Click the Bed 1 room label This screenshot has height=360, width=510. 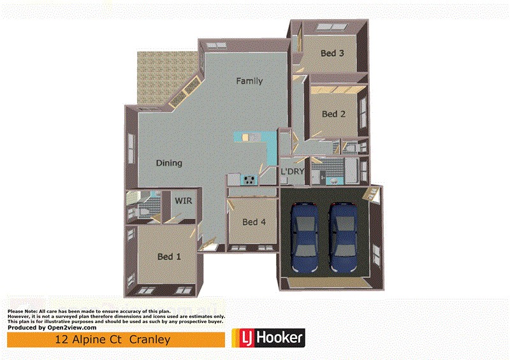pos(169,257)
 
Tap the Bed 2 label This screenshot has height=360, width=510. pos(333,114)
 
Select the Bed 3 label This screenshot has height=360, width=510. pos(332,54)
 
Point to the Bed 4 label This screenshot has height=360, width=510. pos(254,222)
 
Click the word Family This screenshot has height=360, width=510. pos(249,81)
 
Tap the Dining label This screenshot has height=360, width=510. pos(169,163)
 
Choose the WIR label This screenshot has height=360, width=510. pos(184,201)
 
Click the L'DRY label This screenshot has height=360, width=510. pos(292,171)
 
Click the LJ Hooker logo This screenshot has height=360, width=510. pos(268,338)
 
